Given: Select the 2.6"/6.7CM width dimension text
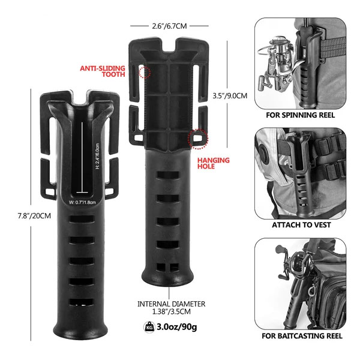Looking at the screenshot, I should coord(169,26).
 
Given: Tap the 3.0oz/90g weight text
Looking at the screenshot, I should coord(179,328).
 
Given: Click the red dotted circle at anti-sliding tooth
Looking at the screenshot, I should coord(145,72).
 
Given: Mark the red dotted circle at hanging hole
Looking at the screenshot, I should coord(196,139).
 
